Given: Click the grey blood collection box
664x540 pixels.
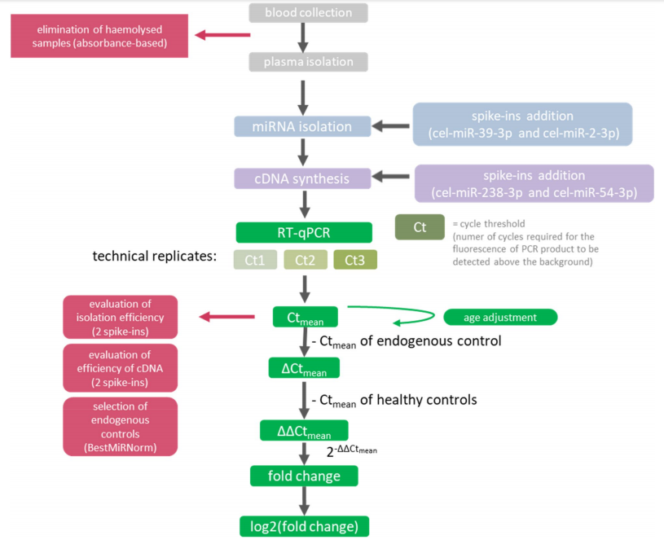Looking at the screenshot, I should (304, 13).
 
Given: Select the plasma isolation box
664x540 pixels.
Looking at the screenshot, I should (304, 63).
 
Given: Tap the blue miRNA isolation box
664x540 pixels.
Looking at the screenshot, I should (303, 126).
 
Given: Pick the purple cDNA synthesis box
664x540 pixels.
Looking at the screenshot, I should (303, 178).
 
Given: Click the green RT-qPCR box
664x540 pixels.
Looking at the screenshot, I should (304, 232).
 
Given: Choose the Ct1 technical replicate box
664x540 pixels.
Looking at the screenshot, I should (256, 261).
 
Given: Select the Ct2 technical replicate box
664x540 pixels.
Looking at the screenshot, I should (305, 261).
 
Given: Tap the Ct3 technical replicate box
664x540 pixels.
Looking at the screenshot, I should (354, 261).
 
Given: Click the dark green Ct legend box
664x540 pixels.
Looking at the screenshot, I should (420, 227).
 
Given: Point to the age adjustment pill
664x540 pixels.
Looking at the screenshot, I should (499, 316).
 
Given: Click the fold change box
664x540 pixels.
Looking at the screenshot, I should (304, 476).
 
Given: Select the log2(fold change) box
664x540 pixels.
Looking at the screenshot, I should (304, 525).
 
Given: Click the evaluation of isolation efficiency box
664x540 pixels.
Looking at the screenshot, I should (120, 317).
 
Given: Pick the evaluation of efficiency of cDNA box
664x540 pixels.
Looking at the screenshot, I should (120, 367).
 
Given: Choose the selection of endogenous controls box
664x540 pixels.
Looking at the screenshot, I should (120, 426).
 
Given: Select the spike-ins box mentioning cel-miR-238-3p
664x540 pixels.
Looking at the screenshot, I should (534, 183).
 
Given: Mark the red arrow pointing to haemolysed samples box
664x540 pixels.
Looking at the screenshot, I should (223, 35).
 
